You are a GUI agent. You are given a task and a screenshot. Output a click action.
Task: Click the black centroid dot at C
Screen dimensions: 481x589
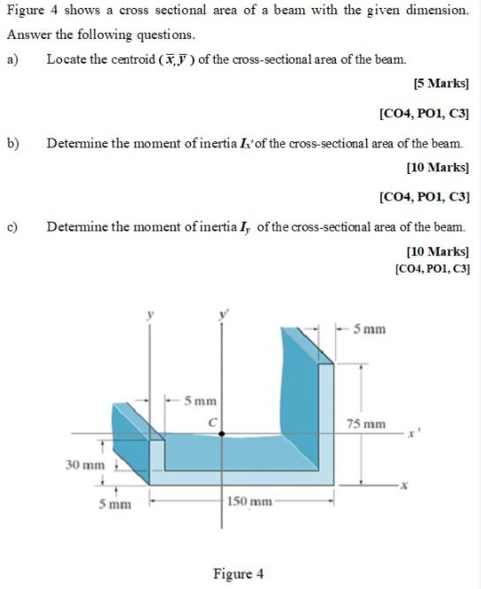click(221, 434)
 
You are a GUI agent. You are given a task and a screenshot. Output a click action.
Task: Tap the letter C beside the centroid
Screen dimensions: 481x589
click(212, 421)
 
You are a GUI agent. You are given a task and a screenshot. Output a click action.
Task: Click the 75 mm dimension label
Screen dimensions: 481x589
click(365, 425)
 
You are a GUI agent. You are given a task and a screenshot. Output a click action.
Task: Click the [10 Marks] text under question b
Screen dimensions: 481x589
click(437, 166)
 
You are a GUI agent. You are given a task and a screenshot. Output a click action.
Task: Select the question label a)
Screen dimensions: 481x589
click(13, 59)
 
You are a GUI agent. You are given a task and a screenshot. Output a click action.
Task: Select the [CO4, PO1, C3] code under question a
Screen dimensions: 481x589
click(424, 113)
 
